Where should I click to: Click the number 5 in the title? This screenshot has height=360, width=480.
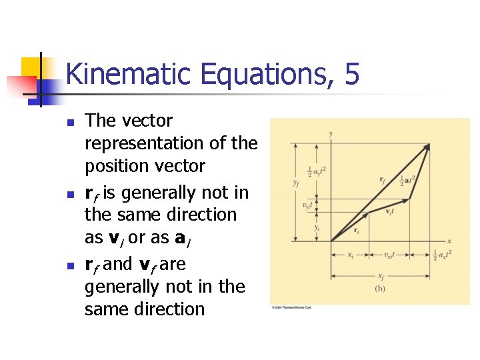[352, 74]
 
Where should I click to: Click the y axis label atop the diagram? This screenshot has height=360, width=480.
[331, 134]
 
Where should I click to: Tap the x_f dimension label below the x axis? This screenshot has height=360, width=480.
[380, 277]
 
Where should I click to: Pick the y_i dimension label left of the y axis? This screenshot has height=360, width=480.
[316, 227]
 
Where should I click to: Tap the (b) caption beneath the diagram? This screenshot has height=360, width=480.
[380, 289]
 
